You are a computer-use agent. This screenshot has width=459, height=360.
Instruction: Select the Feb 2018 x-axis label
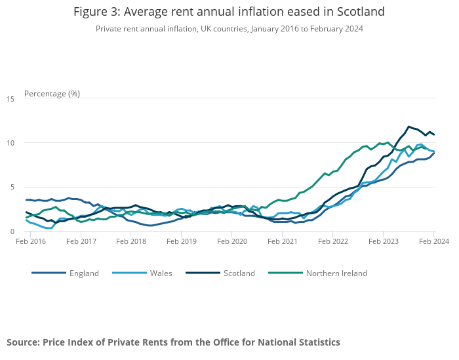click(132, 241)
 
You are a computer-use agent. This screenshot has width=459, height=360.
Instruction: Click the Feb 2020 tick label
click(232, 241)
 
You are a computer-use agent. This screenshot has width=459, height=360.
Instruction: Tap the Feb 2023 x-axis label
click(383, 241)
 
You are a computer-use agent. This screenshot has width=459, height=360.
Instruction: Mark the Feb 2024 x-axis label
click(433, 241)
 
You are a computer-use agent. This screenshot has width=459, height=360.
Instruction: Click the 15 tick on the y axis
click(10, 99)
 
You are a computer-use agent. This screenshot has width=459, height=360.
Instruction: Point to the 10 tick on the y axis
click(10, 143)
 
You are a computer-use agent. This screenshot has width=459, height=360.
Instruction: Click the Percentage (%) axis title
click(52, 93)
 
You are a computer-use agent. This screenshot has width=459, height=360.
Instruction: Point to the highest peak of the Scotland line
click(409, 127)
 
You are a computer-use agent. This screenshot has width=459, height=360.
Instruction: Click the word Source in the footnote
click(23, 342)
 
